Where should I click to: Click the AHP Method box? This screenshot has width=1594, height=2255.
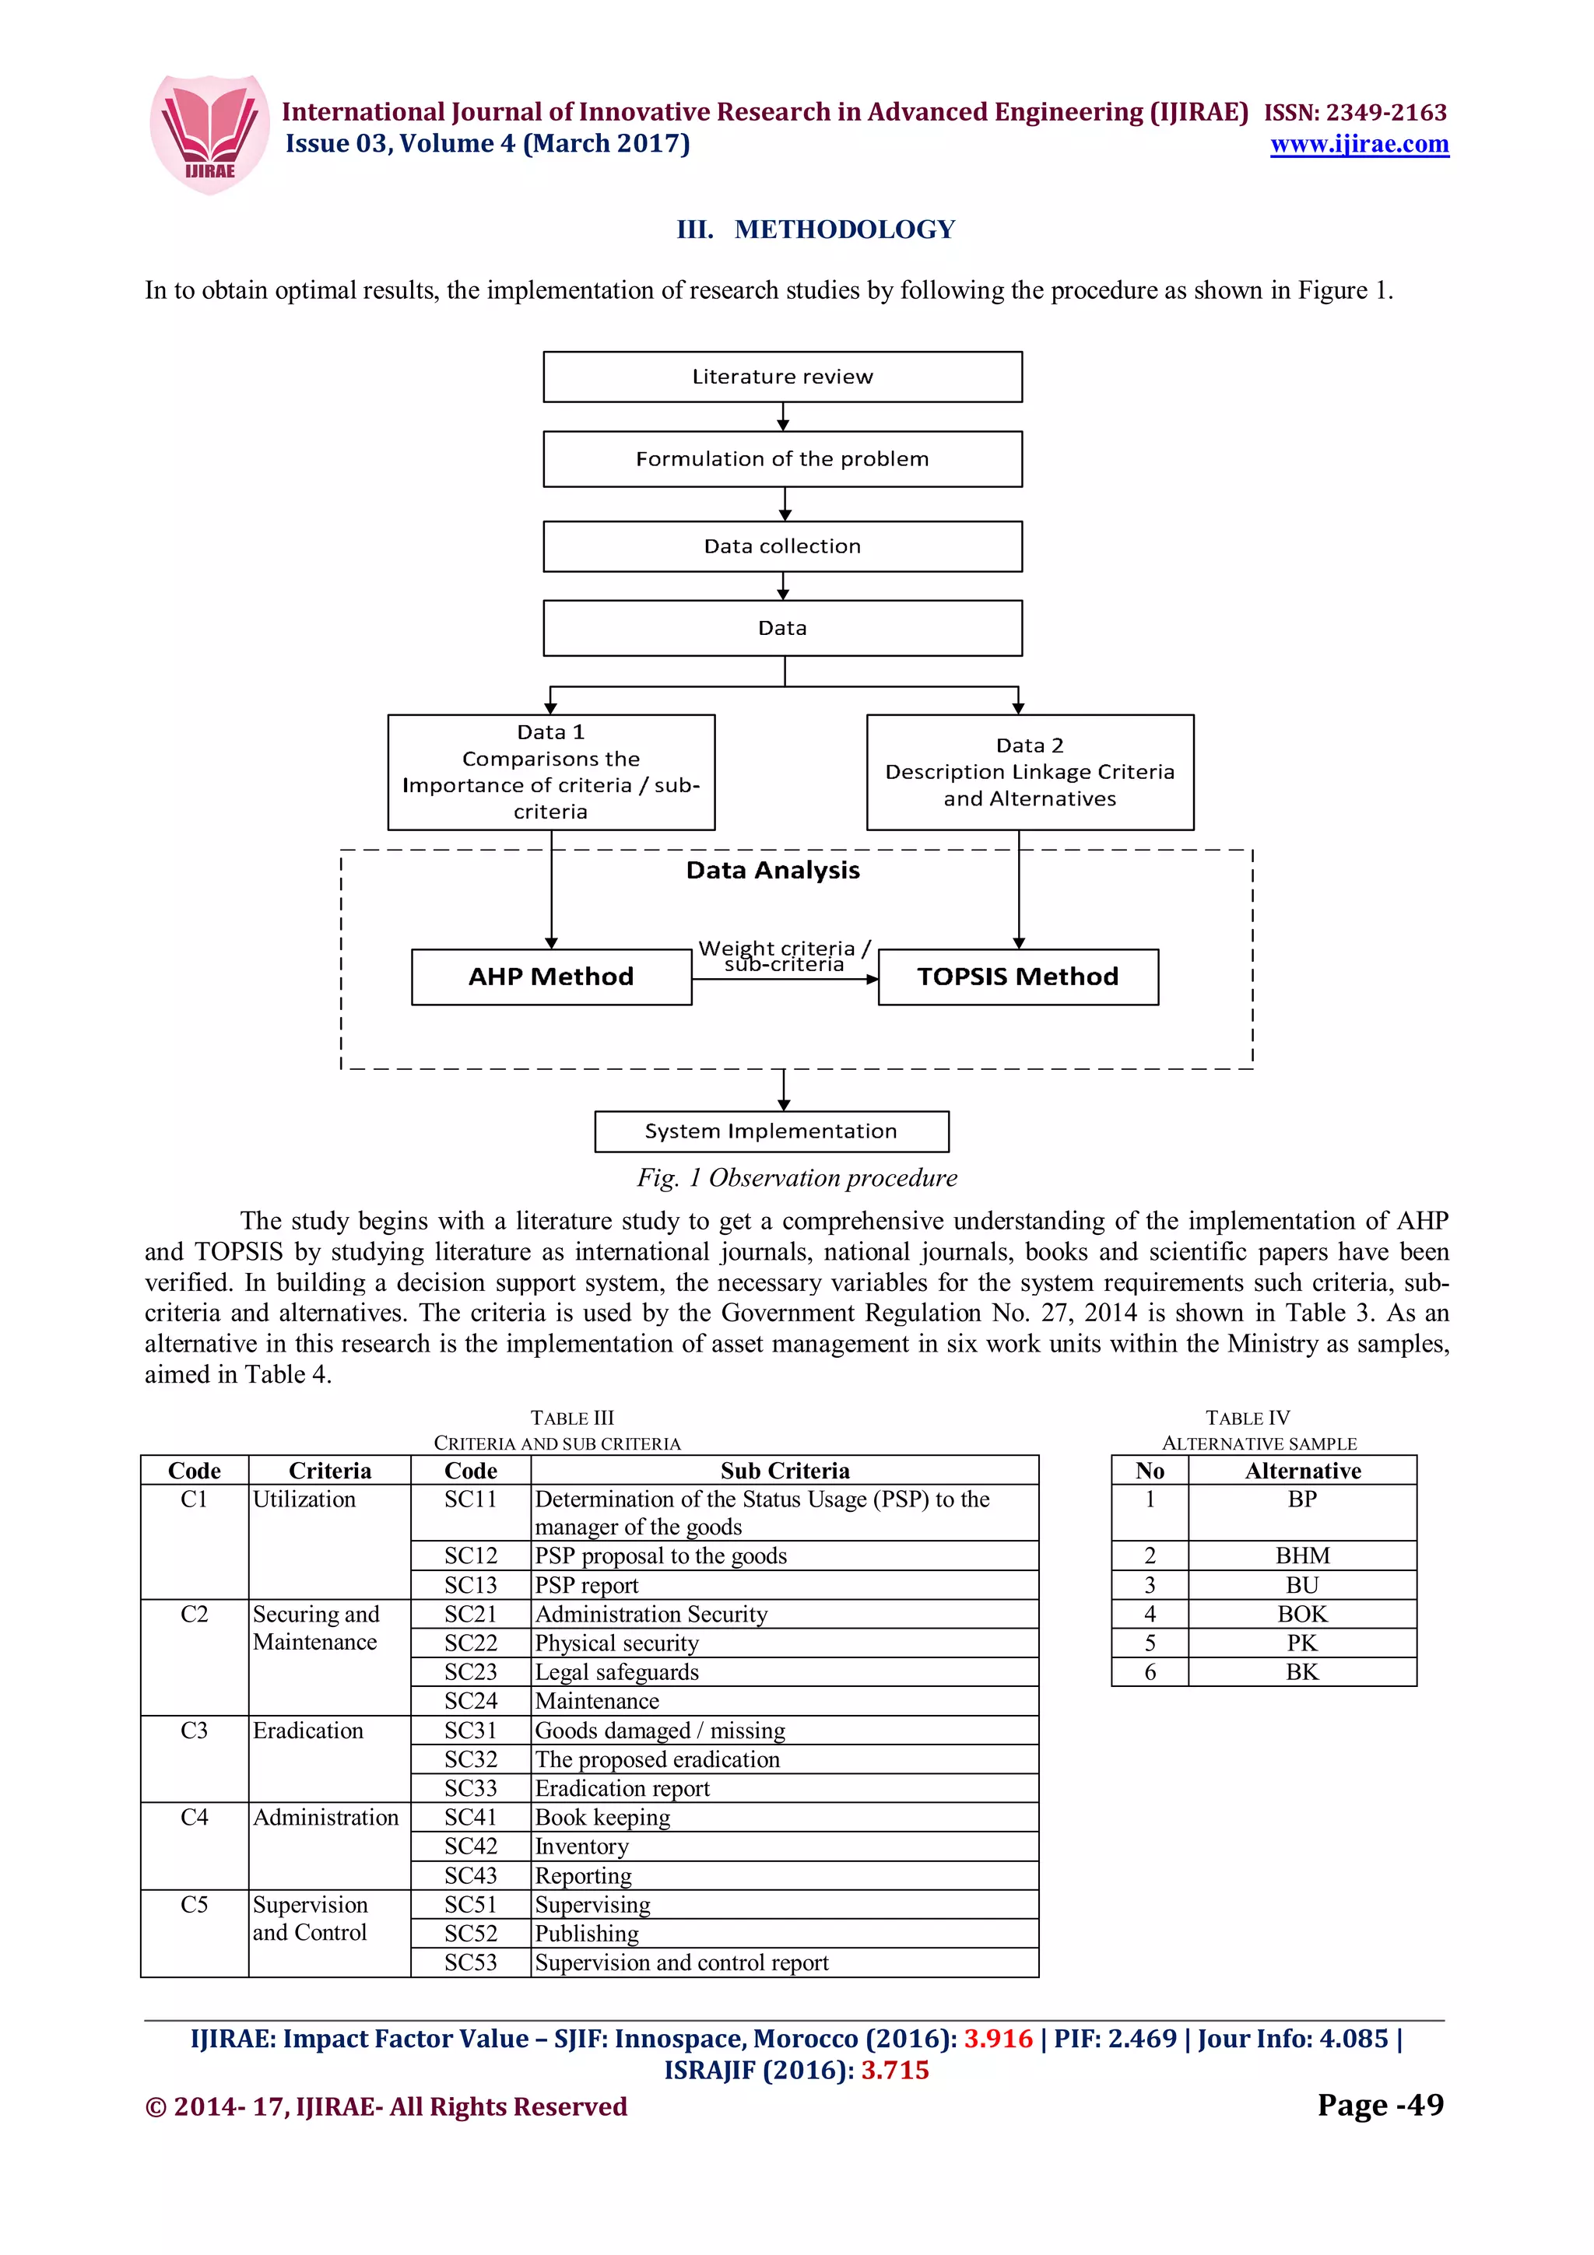(x=551, y=977)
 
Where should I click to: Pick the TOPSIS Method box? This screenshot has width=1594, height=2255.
(x=1017, y=977)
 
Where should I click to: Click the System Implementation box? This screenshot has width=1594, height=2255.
(x=771, y=1131)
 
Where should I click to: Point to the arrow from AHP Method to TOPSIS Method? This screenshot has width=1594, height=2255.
(x=785, y=979)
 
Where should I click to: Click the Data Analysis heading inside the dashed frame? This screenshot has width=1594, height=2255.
(x=773, y=870)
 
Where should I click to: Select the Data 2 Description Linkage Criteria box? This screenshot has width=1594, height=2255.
(x=1029, y=772)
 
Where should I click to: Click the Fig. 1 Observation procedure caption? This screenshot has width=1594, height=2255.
(x=796, y=1177)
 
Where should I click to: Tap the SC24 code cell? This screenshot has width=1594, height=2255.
(x=470, y=1700)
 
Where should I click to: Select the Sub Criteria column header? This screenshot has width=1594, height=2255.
(x=784, y=1471)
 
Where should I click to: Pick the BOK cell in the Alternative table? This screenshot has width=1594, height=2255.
(x=1301, y=1614)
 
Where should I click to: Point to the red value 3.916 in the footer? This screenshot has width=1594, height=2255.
(x=998, y=2039)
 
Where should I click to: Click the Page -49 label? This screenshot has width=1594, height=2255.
(x=1380, y=2105)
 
